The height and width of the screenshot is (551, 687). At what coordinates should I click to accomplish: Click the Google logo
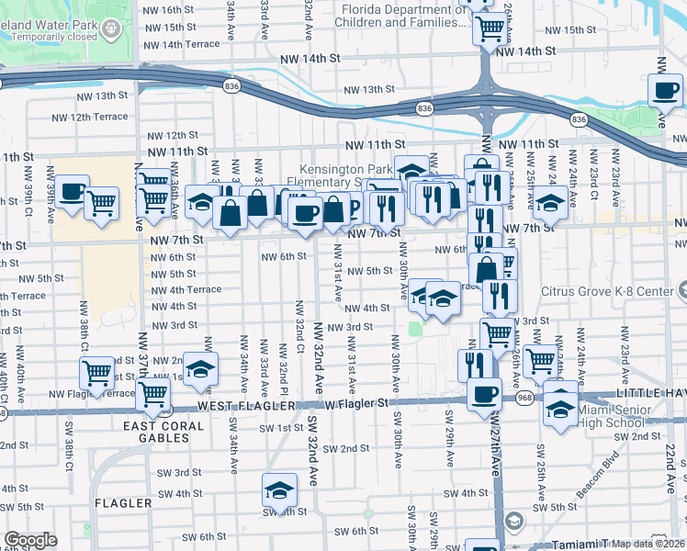pyautogui.click(x=30, y=540)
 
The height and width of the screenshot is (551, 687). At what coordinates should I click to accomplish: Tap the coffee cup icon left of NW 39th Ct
pyautogui.click(x=73, y=192)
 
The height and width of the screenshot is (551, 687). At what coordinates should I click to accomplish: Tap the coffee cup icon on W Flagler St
pyautogui.click(x=484, y=395)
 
